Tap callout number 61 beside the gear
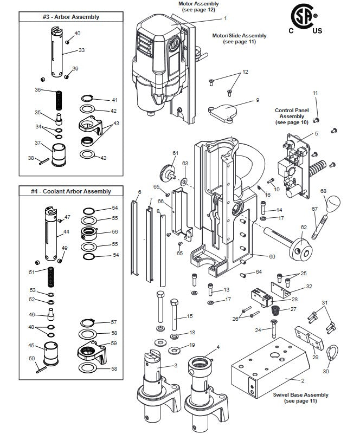click(175, 153)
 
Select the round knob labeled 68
click(332, 203)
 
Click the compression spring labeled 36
click(59, 100)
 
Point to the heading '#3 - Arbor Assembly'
click(71, 17)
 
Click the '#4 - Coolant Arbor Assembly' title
click(70, 191)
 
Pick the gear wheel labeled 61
click(168, 173)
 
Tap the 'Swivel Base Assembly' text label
click(300, 394)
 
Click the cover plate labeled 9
click(223, 113)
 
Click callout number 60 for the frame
click(272, 257)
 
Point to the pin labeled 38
click(44, 161)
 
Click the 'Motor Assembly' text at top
click(198, 4)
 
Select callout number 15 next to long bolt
click(190, 316)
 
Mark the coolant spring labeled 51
click(51, 277)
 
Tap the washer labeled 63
click(184, 182)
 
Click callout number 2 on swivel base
click(303, 380)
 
